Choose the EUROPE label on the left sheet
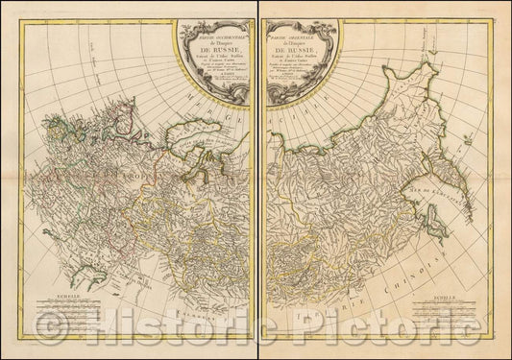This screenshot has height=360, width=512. pyautogui.click(x=130, y=181)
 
